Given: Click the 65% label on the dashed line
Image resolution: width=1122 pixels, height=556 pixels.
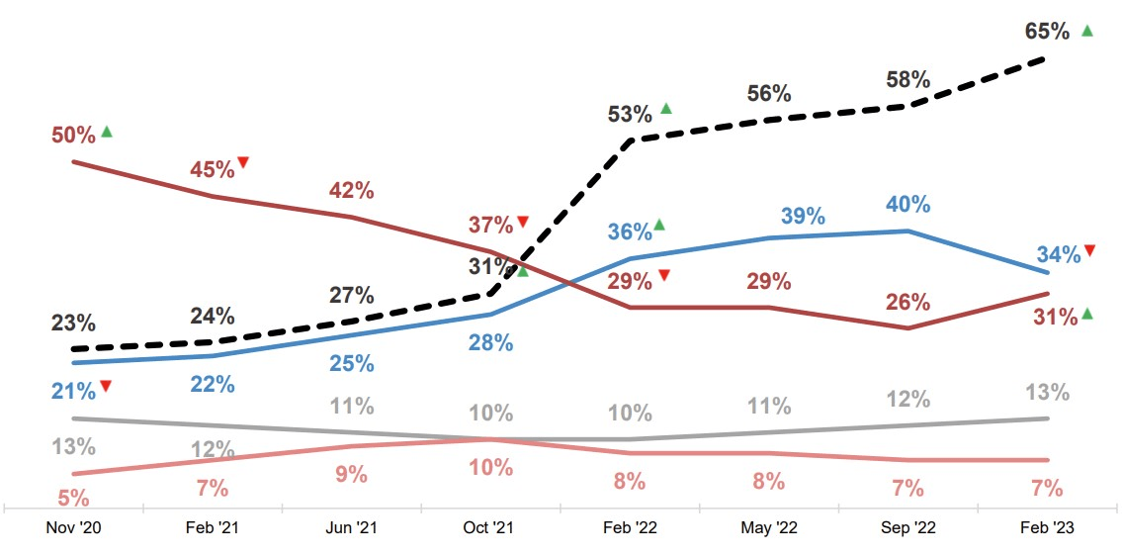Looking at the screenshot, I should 1048,32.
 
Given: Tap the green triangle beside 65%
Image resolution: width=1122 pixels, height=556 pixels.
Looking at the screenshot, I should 1087,31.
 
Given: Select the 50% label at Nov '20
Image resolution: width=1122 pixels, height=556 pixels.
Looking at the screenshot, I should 73,134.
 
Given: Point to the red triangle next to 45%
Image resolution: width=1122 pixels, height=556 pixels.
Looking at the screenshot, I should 242,162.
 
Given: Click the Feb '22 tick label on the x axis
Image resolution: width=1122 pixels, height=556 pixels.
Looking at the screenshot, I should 630,528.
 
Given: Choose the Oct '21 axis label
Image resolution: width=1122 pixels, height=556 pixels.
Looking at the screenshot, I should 490,528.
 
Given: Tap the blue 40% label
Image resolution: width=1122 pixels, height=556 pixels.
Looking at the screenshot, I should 907,205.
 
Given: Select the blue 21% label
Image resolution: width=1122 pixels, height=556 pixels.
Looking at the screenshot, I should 73,391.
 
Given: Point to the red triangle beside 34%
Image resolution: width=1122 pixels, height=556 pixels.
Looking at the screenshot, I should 1089,250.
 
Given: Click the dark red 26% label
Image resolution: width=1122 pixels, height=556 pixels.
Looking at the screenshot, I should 907,302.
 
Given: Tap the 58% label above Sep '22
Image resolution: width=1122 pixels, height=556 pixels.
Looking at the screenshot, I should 907,79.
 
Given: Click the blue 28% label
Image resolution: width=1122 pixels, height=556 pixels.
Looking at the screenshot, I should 490,343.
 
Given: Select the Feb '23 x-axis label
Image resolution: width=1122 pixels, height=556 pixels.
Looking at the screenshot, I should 1047,528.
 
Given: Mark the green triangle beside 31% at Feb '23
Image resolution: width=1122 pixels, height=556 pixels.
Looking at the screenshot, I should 1087,314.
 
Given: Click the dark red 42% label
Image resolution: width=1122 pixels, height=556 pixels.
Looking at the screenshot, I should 351,191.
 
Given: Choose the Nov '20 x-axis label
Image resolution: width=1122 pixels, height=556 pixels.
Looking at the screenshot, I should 73,528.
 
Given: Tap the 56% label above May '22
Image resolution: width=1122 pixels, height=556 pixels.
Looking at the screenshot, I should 769,94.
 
